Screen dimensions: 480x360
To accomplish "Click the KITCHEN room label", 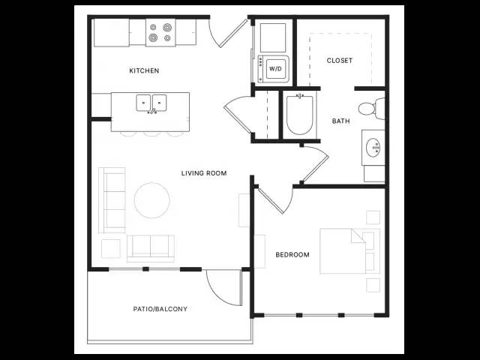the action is point(144,70).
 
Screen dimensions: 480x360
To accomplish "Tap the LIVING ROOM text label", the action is point(204,173).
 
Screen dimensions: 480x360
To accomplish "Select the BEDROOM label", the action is point(292,255).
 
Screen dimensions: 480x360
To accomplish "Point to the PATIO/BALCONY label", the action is point(160,309).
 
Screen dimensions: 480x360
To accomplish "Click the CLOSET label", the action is point(340,61).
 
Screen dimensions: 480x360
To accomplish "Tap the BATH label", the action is point(340,121).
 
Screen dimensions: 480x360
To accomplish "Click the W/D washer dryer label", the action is point(275,69).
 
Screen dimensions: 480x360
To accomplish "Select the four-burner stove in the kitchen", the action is point(160,33).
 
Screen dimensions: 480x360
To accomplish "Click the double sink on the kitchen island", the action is point(151,103).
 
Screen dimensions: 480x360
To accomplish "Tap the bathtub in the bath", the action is point(300,115).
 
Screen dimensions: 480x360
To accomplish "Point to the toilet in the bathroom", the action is point(372,109).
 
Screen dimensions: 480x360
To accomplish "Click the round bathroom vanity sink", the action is point(373,148).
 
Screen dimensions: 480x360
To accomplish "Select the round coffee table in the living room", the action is point(151,200).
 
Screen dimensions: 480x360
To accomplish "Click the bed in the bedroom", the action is point(350,251).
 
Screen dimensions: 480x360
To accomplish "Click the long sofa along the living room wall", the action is point(112,200).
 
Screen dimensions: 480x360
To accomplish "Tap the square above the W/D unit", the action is point(273,37).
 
